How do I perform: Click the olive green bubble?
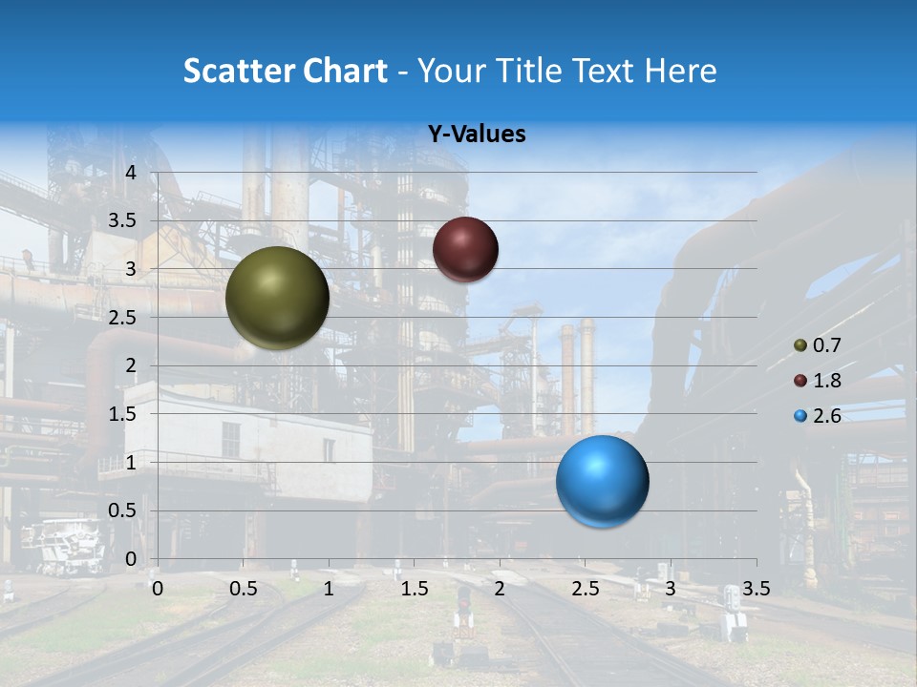click(x=277, y=298)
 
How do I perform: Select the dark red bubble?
click(x=465, y=249)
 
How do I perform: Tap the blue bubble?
click(x=602, y=481)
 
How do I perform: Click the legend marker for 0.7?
click(x=800, y=345)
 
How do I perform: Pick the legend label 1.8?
click(x=826, y=381)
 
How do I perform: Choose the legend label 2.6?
click(x=826, y=416)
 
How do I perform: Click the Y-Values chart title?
click(x=477, y=135)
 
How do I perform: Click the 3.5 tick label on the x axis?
click(x=756, y=589)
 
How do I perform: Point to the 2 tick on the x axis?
click(x=499, y=589)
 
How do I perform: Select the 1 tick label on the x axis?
click(x=329, y=589)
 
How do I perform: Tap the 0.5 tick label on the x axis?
click(x=243, y=589)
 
